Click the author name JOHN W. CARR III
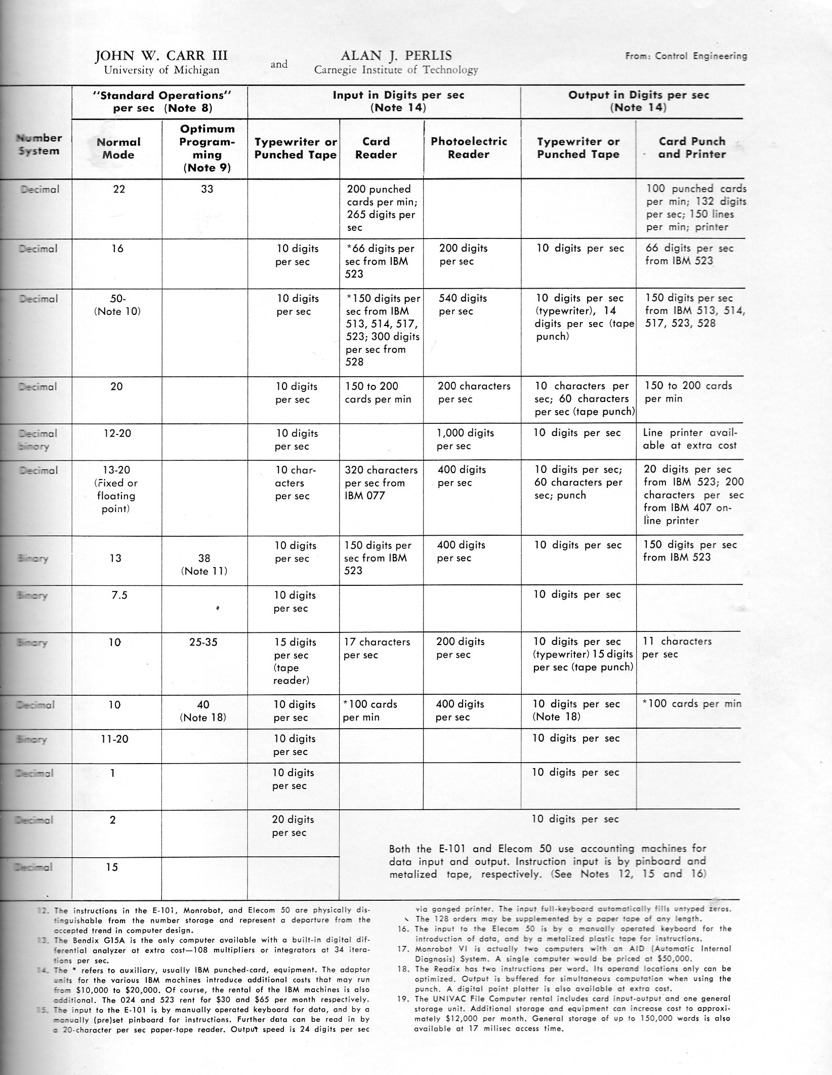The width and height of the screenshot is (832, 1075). click(161, 56)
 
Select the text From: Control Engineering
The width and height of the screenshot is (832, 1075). click(686, 56)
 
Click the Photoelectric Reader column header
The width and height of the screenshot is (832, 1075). click(469, 148)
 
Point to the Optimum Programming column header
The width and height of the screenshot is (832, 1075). click(206, 148)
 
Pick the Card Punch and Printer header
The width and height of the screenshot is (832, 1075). click(692, 148)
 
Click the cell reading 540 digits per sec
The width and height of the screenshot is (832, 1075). click(463, 304)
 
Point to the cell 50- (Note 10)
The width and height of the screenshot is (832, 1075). click(117, 304)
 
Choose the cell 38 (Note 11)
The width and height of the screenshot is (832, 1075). click(204, 564)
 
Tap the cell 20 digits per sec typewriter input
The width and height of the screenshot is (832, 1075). click(293, 825)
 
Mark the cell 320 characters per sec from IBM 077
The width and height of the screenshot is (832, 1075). click(381, 483)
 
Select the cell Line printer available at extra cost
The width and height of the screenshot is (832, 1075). click(690, 439)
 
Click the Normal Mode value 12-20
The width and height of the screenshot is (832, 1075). click(117, 433)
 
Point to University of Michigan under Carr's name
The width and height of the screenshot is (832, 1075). click(161, 70)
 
